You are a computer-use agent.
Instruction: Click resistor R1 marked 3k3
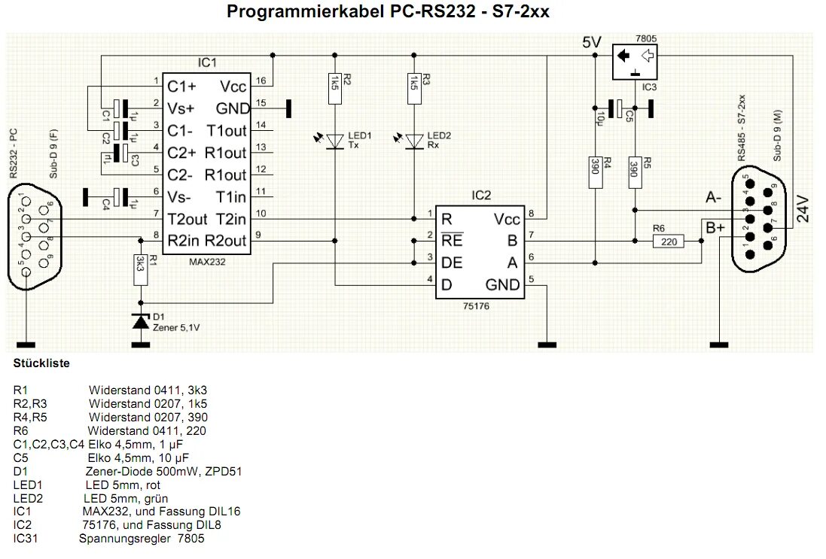140,268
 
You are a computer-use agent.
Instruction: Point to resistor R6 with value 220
669,241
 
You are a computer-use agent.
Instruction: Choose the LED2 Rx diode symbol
413,141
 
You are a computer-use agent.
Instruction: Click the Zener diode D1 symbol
140,321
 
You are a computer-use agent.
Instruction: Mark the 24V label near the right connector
803,210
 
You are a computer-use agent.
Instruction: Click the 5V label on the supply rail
592,43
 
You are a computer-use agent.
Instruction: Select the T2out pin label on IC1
187,219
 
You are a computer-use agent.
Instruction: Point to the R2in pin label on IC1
184,241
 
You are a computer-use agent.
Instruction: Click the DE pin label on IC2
452,263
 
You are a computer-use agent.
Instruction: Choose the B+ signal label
715,225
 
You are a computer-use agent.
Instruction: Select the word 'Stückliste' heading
41,363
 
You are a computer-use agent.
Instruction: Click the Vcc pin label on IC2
506,219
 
